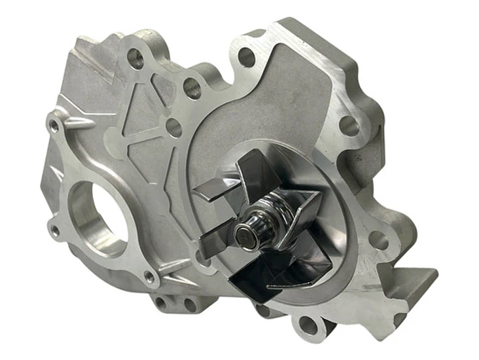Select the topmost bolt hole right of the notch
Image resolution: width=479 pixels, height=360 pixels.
246,57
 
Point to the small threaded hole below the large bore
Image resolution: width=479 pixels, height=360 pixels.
150,278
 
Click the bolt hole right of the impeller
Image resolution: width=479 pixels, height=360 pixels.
378,240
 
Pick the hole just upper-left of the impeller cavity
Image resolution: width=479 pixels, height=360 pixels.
173,128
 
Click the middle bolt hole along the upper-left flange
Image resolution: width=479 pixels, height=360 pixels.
192,88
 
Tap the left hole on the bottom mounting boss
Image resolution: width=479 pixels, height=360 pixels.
161,303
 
